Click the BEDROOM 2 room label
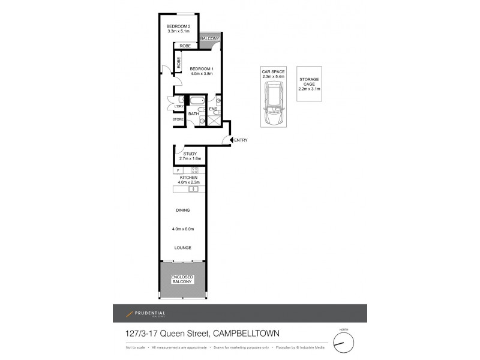tap(178, 26)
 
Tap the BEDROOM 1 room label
tap(202, 69)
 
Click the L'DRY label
tap(178, 107)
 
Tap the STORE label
tap(178, 119)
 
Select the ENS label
tap(212, 109)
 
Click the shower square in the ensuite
tap(213, 121)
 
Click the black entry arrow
tap(230, 140)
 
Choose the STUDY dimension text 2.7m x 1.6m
tap(190, 159)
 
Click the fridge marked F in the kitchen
tap(178, 171)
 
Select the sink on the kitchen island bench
tap(193, 190)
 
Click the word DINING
tap(183, 210)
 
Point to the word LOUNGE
tap(183, 247)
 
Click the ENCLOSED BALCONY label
tap(183, 279)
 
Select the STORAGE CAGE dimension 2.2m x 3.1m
tap(309, 89)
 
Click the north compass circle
tap(344, 343)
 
